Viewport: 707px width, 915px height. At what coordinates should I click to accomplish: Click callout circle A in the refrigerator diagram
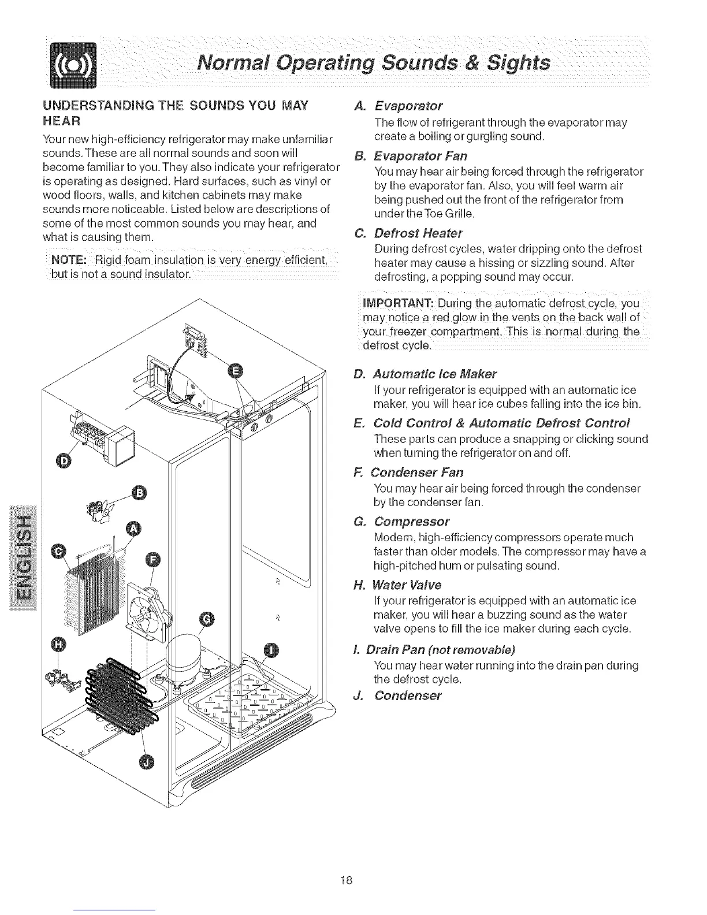133,529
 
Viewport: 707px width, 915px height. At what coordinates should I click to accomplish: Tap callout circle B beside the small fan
139,492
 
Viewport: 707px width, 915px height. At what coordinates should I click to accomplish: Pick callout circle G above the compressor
206,620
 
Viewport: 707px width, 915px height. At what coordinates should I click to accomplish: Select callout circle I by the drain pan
270,649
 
